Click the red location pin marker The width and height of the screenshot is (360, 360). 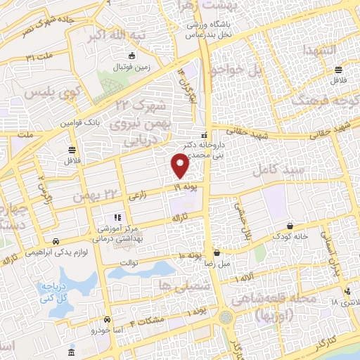click(x=181, y=165)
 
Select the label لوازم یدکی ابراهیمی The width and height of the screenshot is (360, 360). click(x=57, y=250)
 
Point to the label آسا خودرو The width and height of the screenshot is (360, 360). click(x=105, y=329)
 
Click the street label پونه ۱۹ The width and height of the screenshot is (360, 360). click(x=187, y=187)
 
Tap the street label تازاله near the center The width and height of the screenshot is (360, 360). click(x=174, y=219)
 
